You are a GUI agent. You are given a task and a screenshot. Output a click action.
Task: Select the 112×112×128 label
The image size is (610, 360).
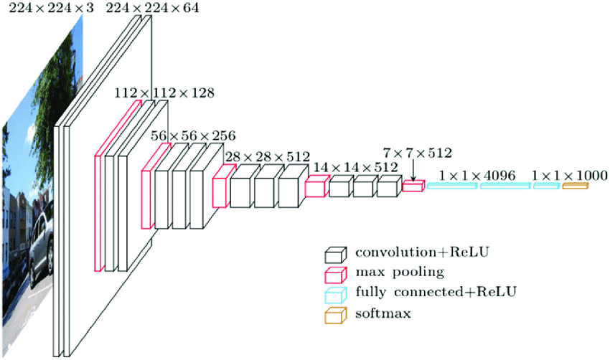point(163,93)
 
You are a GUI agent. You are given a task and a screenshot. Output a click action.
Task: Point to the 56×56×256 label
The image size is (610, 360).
point(192,135)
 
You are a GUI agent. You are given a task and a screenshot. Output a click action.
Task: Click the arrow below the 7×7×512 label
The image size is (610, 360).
point(413,172)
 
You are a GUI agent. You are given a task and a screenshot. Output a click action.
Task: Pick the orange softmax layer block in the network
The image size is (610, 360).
point(575,186)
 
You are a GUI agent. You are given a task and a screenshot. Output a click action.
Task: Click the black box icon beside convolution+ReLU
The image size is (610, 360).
point(335,254)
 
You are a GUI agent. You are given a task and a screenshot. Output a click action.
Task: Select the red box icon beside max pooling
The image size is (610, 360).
point(335,273)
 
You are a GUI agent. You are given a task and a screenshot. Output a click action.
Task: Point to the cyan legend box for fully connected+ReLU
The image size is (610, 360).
point(335,293)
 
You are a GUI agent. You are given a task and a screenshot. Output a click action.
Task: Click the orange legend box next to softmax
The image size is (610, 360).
point(335,313)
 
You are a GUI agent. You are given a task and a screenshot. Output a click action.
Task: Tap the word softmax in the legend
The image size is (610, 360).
point(382,313)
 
